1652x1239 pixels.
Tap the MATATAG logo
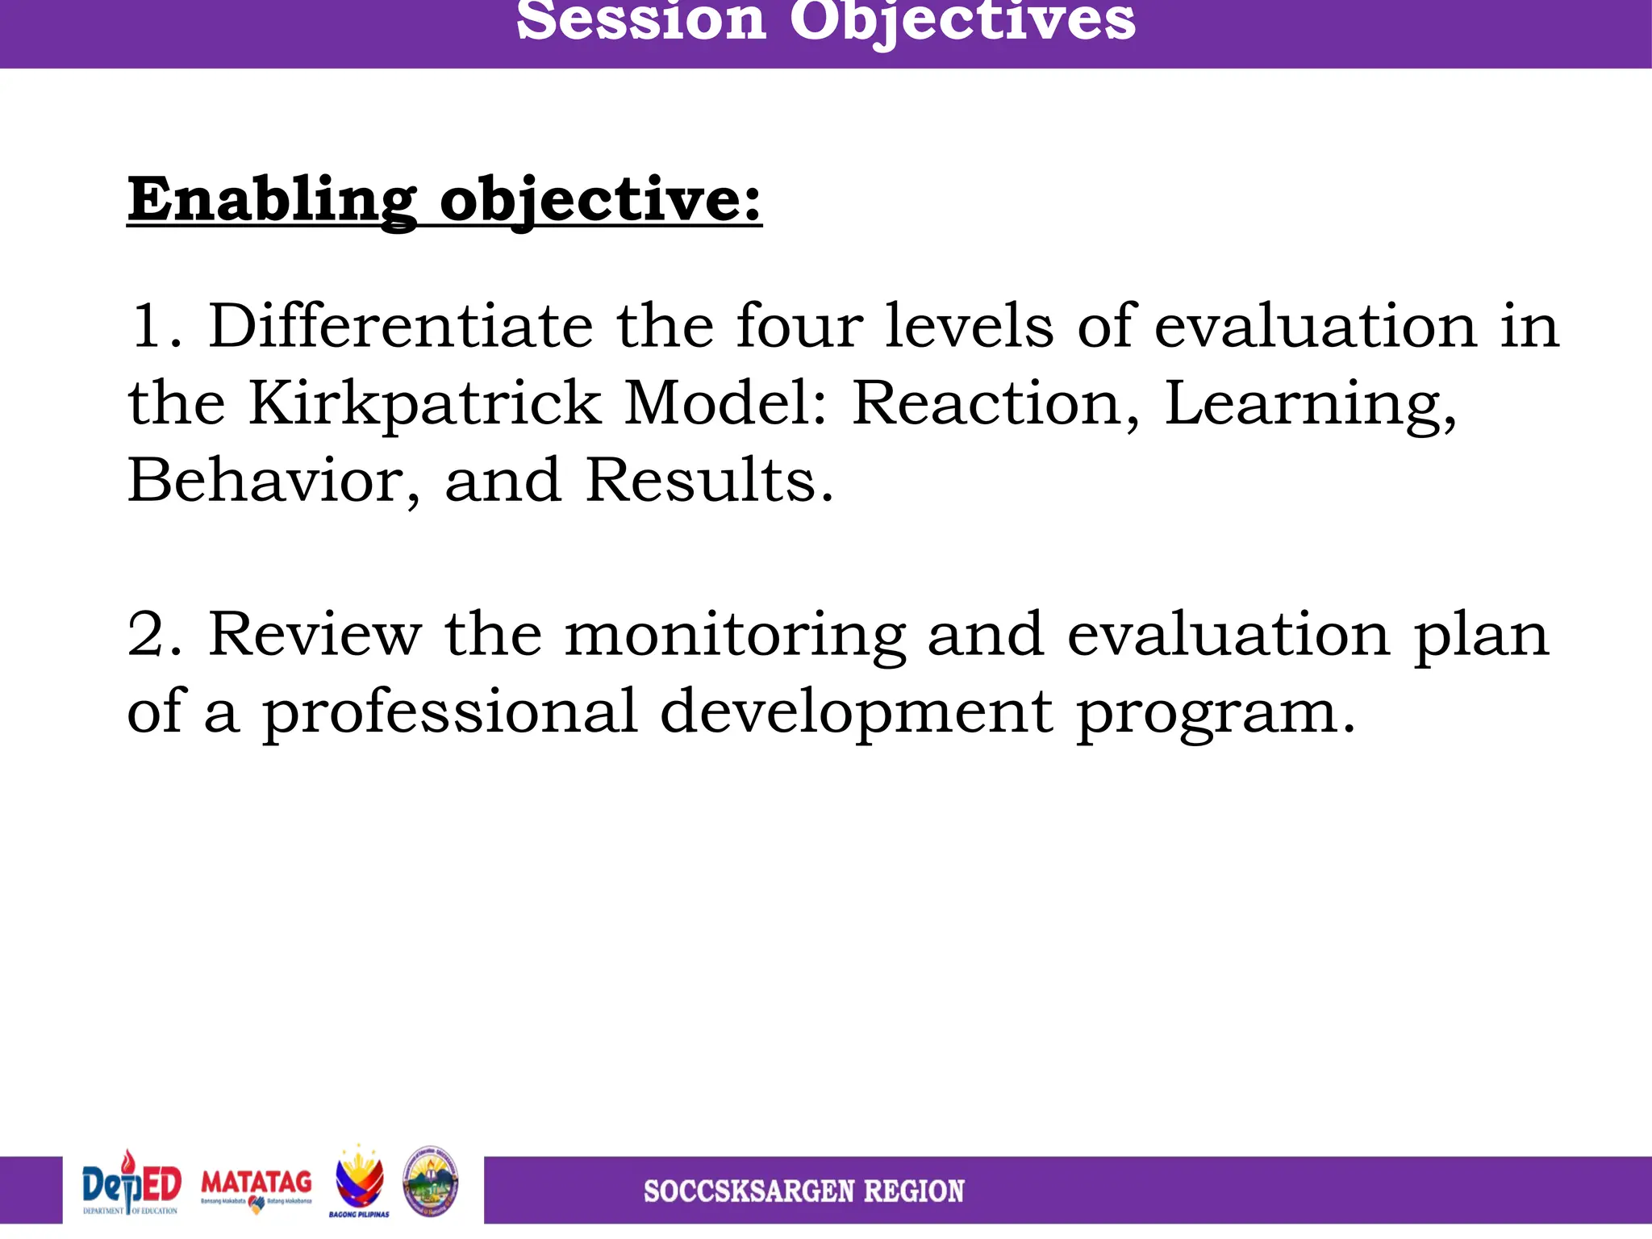tap(256, 1188)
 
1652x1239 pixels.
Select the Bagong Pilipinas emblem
tap(359, 1183)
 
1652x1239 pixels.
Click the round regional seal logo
tap(431, 1182)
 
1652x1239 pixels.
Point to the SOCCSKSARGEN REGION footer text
tap(803, 1191)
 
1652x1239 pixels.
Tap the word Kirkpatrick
tap(424, 403)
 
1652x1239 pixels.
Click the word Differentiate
tap(401, 326)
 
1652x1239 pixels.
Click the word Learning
tap(1309, 403)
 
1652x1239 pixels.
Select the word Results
tap(708, 481)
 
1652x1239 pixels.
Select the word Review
tap(315, 635)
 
